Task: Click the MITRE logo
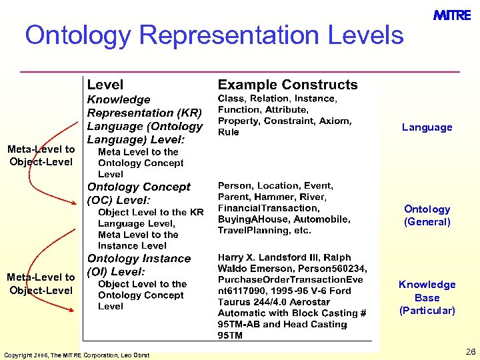pyautogui.click(x=452, y=16)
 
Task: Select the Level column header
pyautogui.click(x=105, y=85)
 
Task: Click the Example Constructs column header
pyautogui.click(x=287, y=85)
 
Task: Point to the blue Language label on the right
pyautogui.click(x=427, y=127)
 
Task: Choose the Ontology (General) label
pyautogui.click(x=427, y=215)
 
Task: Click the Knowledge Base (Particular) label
pyautogui.click(x=427, y=297)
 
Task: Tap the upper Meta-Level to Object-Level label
pyautogui.click(x=41, y=155)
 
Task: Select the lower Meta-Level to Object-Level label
pyautogui.click(x=41, y=283)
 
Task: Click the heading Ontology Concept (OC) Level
pyautogui.click(x=139, y=193)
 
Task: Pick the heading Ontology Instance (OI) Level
pyautogui.click(x=139, y=265)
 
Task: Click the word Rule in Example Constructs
pyautogui.click(x=229, y=132)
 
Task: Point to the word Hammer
pyautogui.click(x=271, y=197)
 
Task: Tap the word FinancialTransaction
pyautogui.click(x=269, y=208)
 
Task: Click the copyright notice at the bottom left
pyautogui.click(x=77, y=354)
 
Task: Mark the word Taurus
pyautogui.click(x=234, y=302)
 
